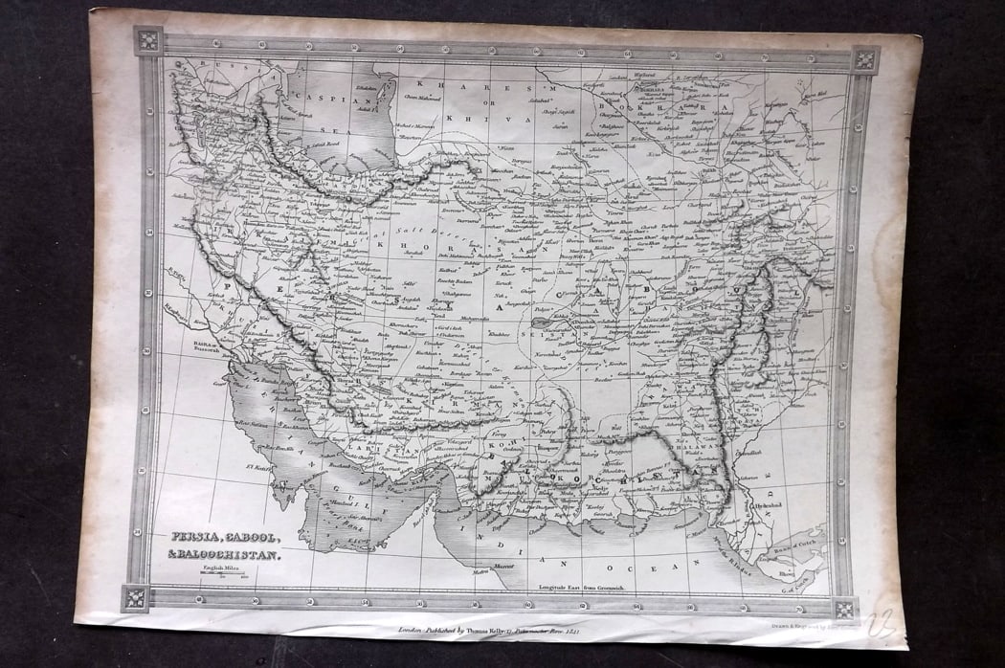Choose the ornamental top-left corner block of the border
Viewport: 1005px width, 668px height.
click(x=149, y=40)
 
